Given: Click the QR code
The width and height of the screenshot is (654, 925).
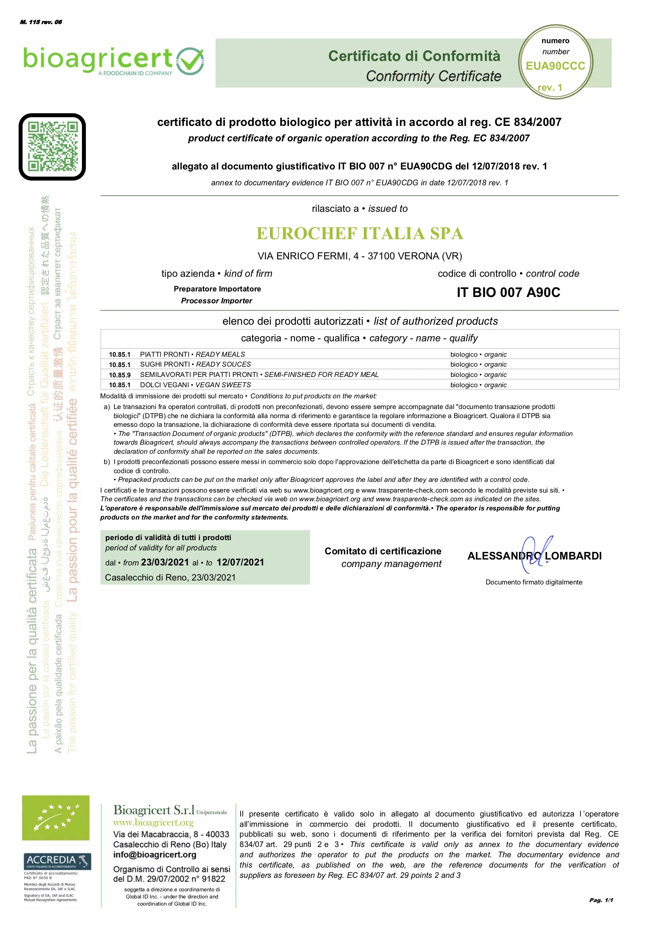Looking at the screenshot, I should tap(52, 147).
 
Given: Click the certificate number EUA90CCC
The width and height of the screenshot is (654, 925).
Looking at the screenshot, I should tap(555, 66).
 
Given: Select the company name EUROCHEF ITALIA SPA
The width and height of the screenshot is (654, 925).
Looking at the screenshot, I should tap(359, 234).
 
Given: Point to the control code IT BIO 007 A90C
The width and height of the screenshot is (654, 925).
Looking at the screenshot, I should tap(508, 293).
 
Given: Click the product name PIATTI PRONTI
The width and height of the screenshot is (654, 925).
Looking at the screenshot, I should tap(164, 354).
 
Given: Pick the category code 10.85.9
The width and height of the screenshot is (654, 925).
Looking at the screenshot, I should tap(120, 375).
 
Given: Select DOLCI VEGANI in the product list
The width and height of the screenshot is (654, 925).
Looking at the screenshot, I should tap(164, 385).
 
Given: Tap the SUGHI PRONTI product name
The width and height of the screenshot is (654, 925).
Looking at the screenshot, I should tap(165, 365).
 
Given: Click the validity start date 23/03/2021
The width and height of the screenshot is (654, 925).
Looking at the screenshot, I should tap(165, 562).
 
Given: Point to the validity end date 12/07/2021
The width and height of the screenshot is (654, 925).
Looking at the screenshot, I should tap(240, 562).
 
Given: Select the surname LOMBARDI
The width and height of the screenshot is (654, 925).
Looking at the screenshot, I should tap(573, 556).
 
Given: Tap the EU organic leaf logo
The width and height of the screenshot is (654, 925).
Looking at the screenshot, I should tap(55, 818).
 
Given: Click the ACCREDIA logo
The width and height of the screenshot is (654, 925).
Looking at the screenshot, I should tap(57, 861).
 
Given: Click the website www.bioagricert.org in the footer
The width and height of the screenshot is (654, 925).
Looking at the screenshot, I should tap(153, 822).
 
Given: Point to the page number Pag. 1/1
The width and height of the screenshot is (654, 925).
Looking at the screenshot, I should tap(601, 900).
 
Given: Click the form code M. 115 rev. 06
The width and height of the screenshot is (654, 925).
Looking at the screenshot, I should tap(41, 22).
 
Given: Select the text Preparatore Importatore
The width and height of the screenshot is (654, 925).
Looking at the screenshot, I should tap(217, 289).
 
